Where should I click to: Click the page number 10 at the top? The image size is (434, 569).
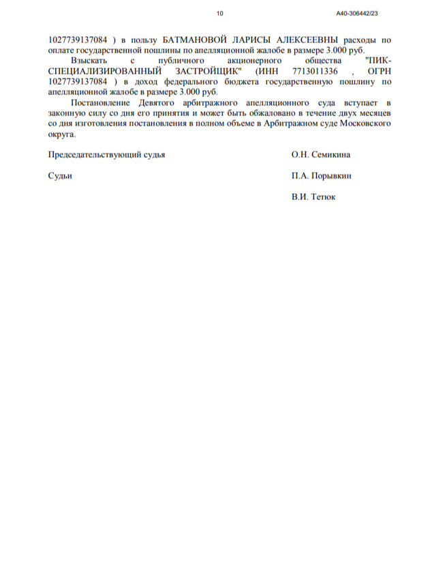click(219, 13)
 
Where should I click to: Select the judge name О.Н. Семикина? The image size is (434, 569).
click(320, 155)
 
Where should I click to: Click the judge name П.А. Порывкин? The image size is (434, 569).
click(322, 175)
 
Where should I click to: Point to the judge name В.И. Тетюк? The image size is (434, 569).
click(313, 197)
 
